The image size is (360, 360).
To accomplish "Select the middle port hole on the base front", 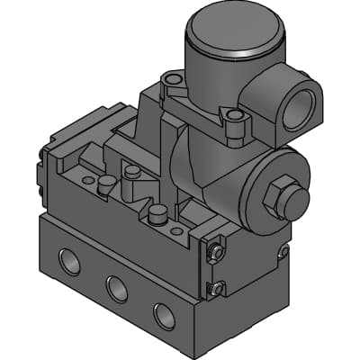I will [x=115, y=288].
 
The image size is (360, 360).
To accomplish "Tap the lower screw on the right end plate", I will [x=217, y=288].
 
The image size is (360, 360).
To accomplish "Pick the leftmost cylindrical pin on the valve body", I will [x=105, y=184].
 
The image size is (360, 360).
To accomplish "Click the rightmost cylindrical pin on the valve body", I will [x=158, y=215].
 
